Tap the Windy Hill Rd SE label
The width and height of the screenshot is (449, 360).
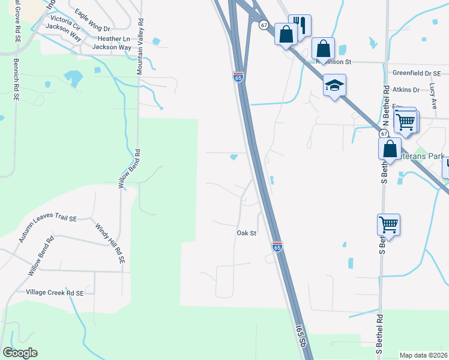[x=110, y=244]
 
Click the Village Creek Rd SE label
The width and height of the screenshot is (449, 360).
[x=55, y=292]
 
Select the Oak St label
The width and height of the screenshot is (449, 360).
[x=246, y=233]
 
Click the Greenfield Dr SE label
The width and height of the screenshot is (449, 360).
[x=417, y=73]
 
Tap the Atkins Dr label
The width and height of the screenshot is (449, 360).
[x=406, y=89]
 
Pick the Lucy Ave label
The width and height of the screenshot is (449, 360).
[x=433, y=95]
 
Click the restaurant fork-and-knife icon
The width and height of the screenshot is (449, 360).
[x=300, y=26]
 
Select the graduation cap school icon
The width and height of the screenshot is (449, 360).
[x=334, y=85]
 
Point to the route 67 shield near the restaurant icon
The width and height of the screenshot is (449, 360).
[x=264, y=25]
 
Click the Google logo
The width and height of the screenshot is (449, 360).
[x=20, y=353]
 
